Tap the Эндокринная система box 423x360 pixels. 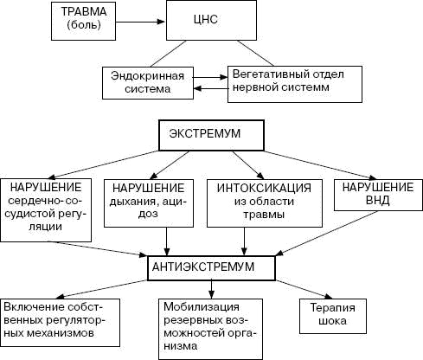(145, 81)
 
